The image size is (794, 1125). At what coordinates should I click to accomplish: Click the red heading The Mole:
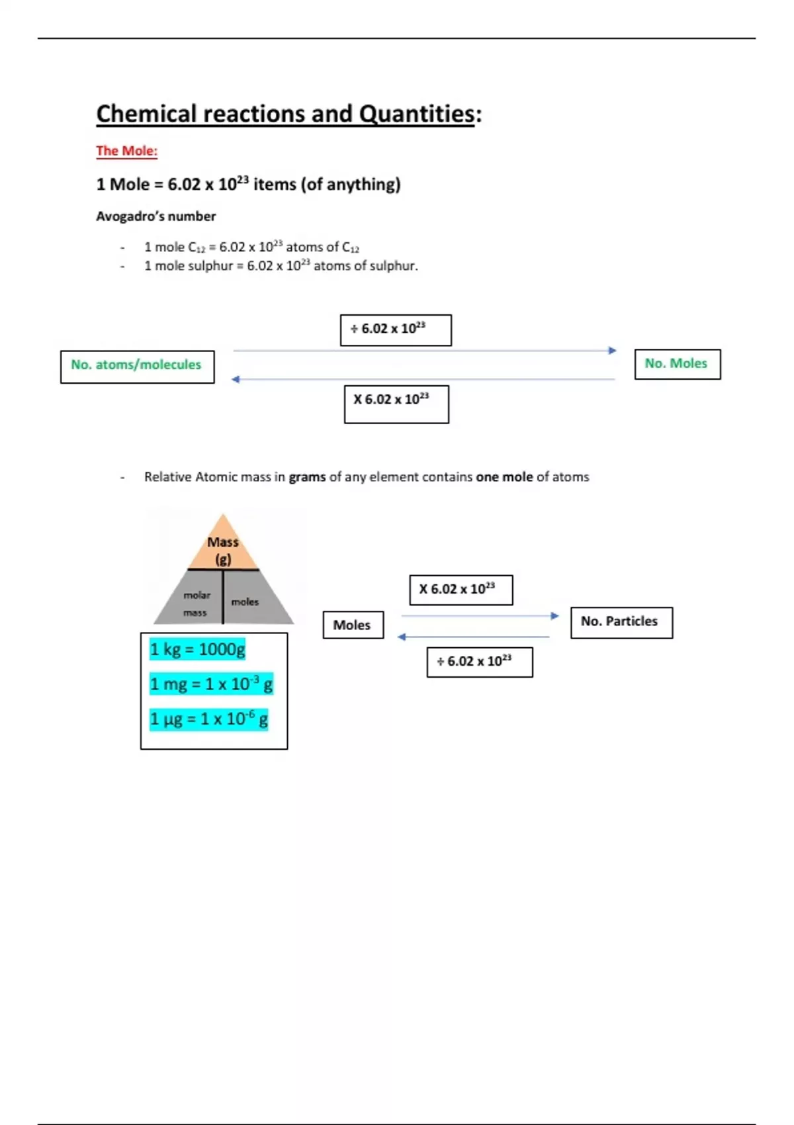point(126,151)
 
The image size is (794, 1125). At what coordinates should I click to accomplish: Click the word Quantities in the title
point(416,114)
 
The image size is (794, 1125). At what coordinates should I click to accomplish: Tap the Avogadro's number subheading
point(155,216)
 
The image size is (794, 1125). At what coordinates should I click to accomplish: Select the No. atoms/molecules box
point(137,367)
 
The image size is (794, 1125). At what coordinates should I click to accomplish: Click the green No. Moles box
point(677,364)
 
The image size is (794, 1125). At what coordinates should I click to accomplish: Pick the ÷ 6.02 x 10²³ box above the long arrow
point(396,330)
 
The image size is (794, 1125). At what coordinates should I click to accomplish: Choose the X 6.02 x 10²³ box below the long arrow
point(396,404)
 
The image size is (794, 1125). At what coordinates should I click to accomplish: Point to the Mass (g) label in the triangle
point(223,551)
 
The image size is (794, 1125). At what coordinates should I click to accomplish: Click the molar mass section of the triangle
point(196,604)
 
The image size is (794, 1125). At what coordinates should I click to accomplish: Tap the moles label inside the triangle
point(245,602)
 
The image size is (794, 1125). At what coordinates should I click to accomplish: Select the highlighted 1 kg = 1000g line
point(197,649)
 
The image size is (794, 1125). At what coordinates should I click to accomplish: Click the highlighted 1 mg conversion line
point(211,684)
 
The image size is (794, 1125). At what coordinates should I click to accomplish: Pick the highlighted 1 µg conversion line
point(208,719)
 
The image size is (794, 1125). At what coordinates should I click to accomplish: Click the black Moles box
point(353,625)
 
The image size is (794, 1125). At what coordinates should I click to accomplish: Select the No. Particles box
point(621,623)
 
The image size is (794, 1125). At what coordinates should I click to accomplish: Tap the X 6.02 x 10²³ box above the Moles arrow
point(461,590)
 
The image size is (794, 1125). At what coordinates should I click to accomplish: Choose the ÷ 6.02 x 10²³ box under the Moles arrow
point(480,662)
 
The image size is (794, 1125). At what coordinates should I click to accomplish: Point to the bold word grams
point(307,476)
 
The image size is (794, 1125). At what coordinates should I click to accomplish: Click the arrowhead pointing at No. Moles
point(612,350)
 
